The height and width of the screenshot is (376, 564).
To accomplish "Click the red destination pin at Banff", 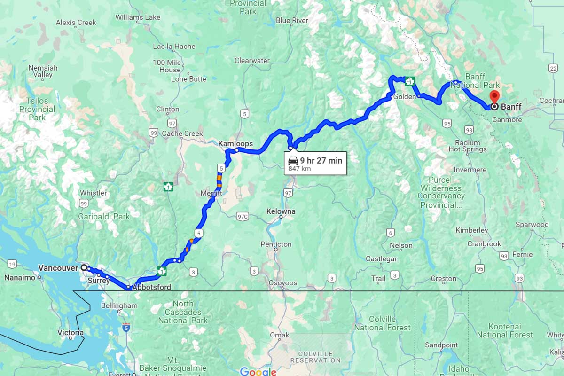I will coord(494,97).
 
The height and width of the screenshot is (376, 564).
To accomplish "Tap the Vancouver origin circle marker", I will coord(84,267).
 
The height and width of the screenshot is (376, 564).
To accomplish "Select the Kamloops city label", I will coord(235,143).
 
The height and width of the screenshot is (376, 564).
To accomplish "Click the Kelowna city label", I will coord(281,211).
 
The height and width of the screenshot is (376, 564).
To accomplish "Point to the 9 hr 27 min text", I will coord(321,160).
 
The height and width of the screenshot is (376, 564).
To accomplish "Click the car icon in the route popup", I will coord(293,160).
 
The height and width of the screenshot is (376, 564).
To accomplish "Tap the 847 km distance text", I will coord(300,169).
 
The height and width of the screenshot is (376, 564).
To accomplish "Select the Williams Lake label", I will coord(138,17).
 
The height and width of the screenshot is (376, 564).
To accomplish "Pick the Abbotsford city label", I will coord(151,287).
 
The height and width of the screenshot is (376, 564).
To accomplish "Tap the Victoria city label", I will coord(70,333).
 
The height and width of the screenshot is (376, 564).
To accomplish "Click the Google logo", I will coord(258,371).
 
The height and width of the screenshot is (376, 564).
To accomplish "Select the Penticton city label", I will coord(276,244).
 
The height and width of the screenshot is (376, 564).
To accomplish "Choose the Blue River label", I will coord(292,20).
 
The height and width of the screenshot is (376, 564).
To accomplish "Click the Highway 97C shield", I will coord(243,217).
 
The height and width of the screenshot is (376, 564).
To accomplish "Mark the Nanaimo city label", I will coord(20,277).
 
